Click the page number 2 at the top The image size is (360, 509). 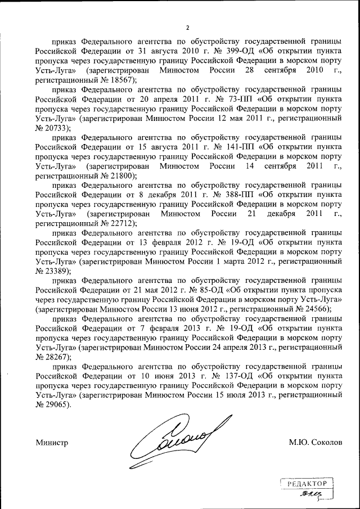(188, 28)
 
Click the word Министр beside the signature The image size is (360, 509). (52, 443)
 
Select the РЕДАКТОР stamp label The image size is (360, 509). (307, 483)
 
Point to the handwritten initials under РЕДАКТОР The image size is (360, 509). (309, 494)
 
